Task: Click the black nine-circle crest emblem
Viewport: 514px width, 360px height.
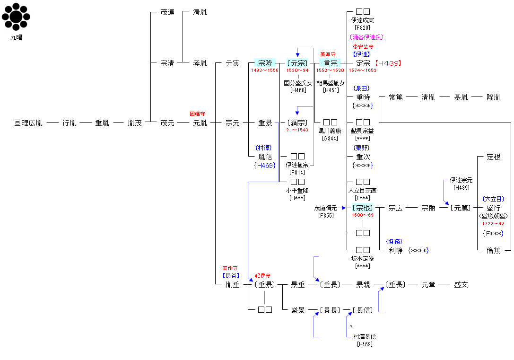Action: (x=16, y=18)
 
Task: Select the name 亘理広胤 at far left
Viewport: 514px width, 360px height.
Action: (x=28, y=123)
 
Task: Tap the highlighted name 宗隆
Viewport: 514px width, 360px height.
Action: (x=265, y=63)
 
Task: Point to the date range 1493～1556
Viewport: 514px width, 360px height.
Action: (x=265, y=70)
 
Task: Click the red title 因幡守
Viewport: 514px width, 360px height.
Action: (x=197, y=114)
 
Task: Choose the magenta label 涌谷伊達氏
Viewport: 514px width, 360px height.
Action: (x=366, y=37)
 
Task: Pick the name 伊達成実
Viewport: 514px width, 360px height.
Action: (x=363, y=20)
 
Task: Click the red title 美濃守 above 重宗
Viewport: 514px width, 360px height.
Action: (x=328, y=54)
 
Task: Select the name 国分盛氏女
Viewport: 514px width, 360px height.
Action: (x=298, y=83)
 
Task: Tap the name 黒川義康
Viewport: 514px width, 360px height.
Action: (x=330, y=131)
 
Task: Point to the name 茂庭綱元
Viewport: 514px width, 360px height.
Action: (x=325, y=208)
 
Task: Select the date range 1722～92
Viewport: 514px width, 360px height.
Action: (x=493, y=223)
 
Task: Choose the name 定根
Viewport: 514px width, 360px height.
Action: (x=493, y=157)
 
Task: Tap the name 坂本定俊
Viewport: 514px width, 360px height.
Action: (x=363, y=259)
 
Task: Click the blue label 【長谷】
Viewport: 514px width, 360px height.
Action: (x=231, y=275)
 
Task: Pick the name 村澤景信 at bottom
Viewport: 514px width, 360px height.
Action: (x=365, y=336)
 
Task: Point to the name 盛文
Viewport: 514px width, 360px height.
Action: (x=461, y=285)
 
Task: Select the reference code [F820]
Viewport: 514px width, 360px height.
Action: (x=363, y=27)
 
